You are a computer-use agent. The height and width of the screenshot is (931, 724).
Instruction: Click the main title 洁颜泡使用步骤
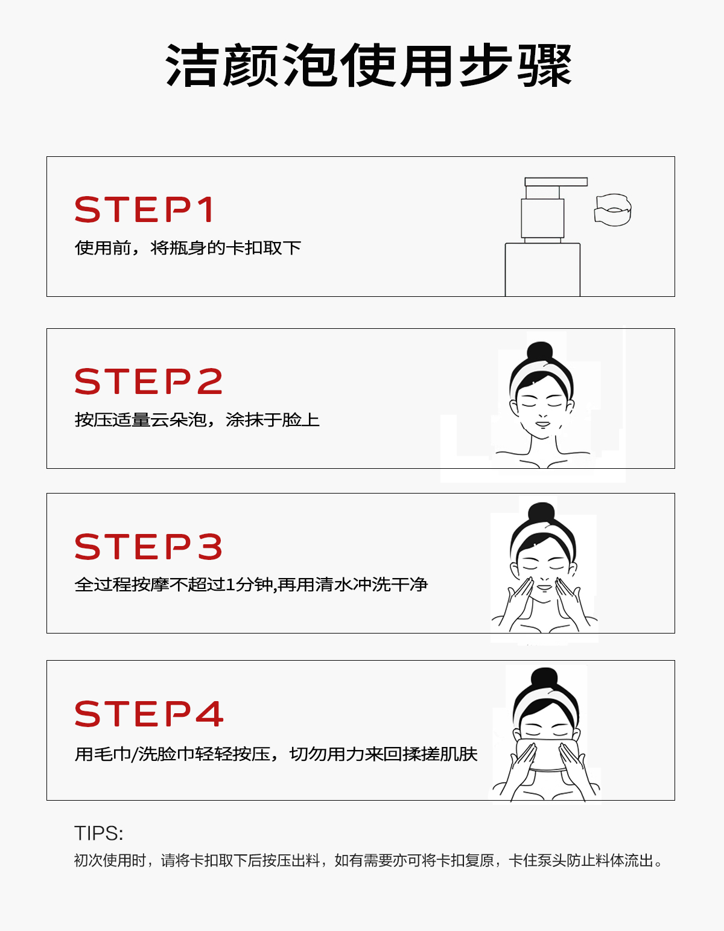pos(369,66)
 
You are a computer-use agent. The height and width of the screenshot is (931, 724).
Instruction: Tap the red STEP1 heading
pos(144,209)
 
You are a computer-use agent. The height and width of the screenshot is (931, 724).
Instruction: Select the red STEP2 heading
pos(148,381)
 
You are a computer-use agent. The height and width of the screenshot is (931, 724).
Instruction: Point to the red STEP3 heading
pos(148,546)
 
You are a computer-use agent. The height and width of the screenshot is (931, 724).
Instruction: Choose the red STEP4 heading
pos(148,713)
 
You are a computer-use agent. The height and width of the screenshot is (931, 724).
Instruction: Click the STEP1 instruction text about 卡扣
pos(188,247)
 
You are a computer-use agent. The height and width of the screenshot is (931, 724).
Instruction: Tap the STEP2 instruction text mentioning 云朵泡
pos(197,420)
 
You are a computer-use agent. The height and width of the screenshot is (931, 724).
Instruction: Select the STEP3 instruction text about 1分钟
pos(251,585)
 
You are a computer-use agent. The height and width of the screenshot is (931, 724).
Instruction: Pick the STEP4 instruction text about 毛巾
pos(276,754)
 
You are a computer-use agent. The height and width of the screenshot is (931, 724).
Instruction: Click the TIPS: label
pos(98,833)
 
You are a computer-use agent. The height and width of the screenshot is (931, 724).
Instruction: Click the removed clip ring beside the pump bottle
pos(612,210)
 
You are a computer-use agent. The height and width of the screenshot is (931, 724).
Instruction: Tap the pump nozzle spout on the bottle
pos(556,182)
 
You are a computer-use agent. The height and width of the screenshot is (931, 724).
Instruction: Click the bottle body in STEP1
pos(542,270)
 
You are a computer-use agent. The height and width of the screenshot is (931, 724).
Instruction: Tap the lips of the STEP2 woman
pos(542,424)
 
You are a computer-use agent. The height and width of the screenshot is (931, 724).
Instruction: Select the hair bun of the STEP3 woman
pos(542,513)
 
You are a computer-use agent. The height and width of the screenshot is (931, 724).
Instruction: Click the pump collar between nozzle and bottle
pos(542,218)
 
